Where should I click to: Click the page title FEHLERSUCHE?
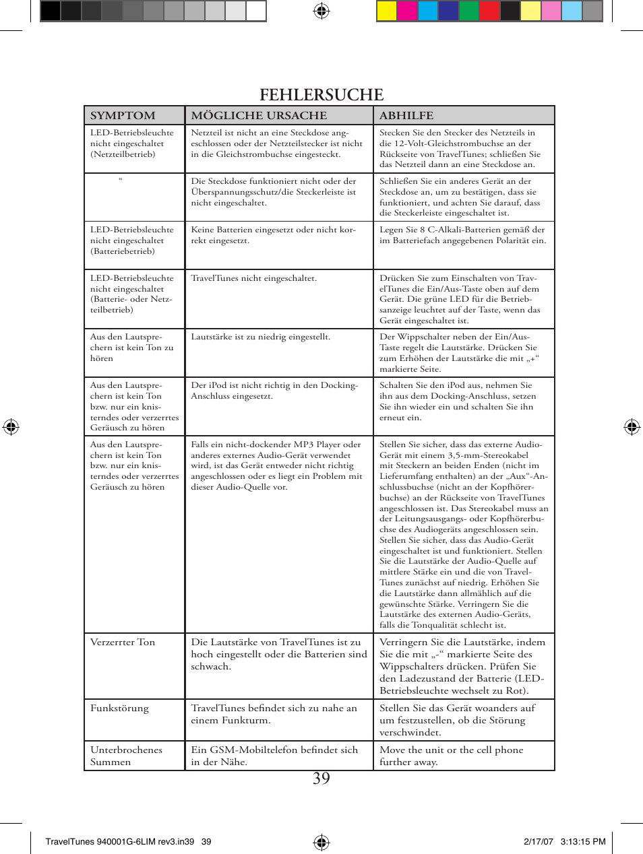(321, 95)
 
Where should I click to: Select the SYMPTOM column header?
(123, 115)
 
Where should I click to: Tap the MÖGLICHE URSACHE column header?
(259, 115)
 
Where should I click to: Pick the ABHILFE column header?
(406, 115)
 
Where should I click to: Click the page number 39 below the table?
(321, 779)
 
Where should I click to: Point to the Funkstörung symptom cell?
(119, 709)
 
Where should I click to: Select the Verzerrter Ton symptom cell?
(123, 643)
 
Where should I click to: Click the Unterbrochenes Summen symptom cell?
(126, 756)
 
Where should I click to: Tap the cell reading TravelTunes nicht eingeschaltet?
(253, 278)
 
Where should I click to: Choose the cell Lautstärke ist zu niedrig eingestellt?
(260, 337)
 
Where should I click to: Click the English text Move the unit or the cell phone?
(451, 756)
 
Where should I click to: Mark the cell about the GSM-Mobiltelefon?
(274, 756)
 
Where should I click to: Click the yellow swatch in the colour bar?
(386, 11)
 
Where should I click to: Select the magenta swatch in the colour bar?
(407, 11)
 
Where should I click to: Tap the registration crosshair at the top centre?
(321, 11)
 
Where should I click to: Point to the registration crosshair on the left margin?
(11, 426)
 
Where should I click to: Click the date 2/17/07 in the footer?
(538, 841)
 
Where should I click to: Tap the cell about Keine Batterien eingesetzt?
(273, 235)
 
